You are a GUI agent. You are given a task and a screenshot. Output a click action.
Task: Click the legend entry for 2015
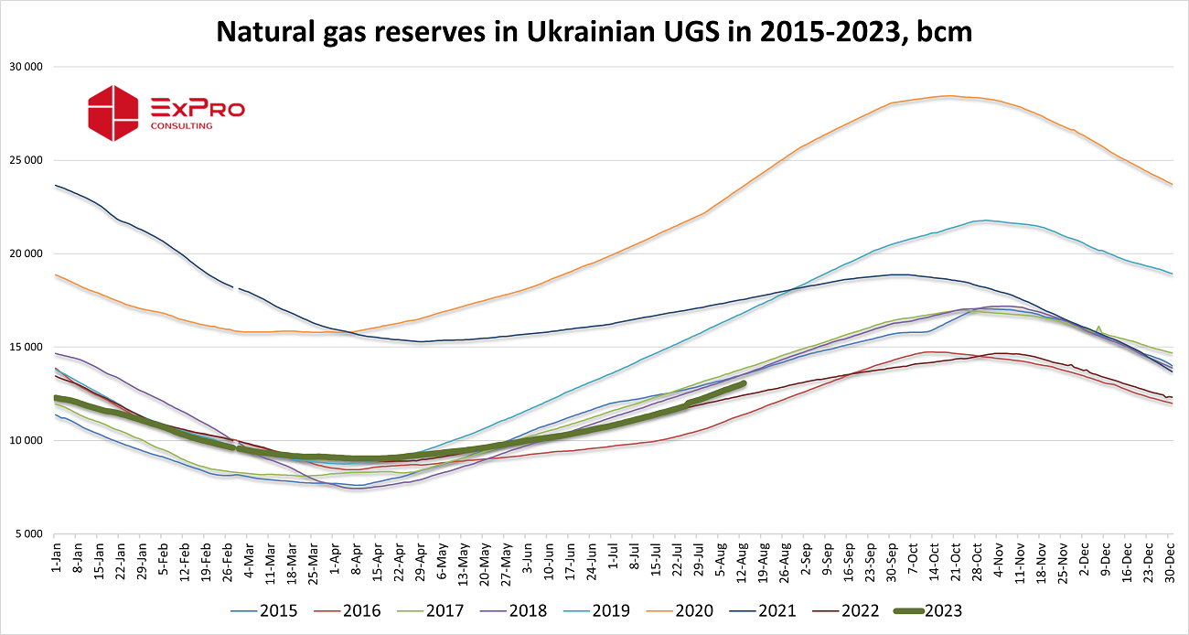point(264,610)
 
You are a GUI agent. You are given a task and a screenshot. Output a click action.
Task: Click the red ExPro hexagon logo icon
point(112,113)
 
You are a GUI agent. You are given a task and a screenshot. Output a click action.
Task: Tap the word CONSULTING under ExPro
point(181,125)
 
